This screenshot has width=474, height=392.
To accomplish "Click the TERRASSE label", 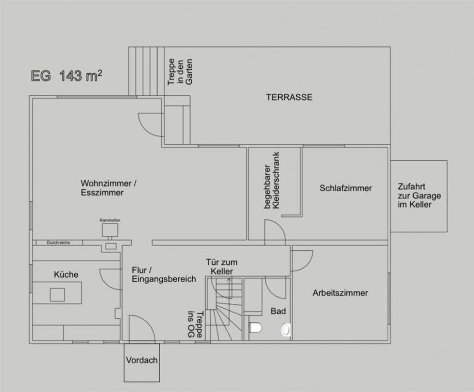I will pos(289,97).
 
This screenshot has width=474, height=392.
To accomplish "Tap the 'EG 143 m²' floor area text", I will pos(65,77).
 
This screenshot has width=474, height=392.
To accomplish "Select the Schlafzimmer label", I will pos(345,188).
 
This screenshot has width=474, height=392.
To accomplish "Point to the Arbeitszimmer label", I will pos(340,293).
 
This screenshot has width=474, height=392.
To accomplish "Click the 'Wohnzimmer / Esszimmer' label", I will pos(108,188).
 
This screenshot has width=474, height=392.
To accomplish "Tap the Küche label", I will pos(66,275).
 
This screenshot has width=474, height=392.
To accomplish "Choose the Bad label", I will pos(278,311).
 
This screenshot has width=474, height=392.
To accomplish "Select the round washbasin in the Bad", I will pos(285,329).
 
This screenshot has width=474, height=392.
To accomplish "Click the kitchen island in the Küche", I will pos(57,295).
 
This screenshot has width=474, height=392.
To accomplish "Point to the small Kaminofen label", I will pos(109,220).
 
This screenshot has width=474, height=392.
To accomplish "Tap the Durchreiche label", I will pos(58,242).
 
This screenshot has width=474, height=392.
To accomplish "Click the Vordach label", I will pos(141,361).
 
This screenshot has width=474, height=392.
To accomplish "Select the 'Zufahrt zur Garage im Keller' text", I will pos(415,196).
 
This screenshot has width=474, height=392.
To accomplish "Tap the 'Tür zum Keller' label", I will pos(219,266).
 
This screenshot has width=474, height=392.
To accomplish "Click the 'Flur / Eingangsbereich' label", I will pos(164,275).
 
